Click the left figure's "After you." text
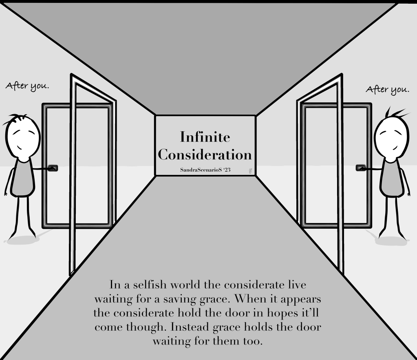[27, 86]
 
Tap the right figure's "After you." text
[387, 89]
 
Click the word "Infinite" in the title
[205, 137]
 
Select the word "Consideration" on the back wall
[205, 155]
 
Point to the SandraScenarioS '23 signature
[205, 170]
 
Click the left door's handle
[53, 168]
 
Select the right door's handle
[361, 168]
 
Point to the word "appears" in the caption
[300, 299]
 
